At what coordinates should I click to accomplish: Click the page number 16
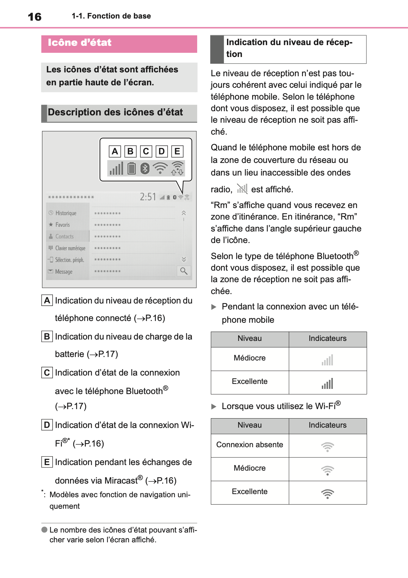tap(35, 17)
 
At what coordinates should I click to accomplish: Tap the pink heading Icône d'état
tap(79, 43)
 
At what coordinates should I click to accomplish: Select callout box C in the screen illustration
tap(146, 151)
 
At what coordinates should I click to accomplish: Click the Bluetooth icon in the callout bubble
tap(145, 169)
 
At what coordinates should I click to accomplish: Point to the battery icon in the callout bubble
tap(132, 168)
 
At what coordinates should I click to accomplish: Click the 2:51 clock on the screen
tap(148, 197)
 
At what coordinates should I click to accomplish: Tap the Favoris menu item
tap(62, 225)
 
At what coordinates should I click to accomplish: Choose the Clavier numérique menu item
tap(70, 248)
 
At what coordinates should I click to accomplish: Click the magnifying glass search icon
tap(184, 271)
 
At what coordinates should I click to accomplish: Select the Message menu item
tap(63, 272)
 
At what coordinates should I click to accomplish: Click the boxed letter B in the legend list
tap(47, 337)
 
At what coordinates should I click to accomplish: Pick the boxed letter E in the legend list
tap(47, 462)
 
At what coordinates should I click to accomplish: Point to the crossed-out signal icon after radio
tap(242, 189)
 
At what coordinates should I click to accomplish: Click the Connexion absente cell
tap(250, 445)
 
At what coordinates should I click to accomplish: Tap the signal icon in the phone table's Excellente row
tap(327, 384)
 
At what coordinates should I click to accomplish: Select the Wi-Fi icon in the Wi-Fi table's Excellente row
tap(327, 493)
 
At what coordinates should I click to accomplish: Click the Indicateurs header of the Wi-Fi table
tap(327, 425)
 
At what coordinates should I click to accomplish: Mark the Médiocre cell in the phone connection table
tap(250, 358)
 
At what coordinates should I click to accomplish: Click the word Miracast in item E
tap(120, 481)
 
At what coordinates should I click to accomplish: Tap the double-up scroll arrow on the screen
tap(184, 213)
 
